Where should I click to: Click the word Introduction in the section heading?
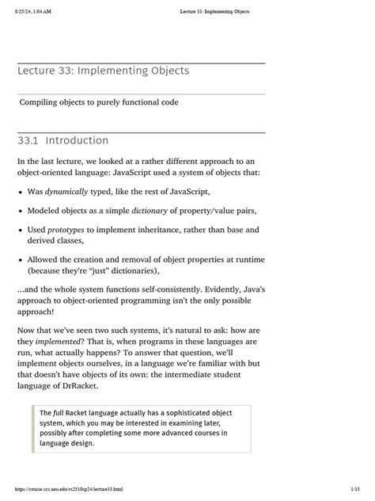pyautogui.click(x=77, y=141)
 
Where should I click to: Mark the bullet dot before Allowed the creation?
pyautogui.click(x=20, y=260)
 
